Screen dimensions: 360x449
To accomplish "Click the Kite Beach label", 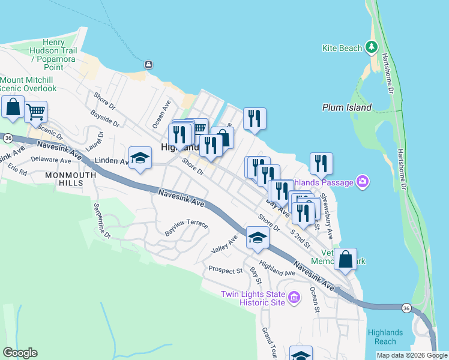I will [343, 48].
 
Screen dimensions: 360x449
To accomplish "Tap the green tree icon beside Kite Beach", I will [372, 47].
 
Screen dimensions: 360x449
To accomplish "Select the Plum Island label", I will [346, 108].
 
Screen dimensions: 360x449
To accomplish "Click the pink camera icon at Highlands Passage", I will [362, 181].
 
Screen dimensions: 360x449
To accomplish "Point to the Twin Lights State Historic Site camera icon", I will [294, 298].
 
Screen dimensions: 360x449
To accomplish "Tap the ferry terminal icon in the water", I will [148, 65].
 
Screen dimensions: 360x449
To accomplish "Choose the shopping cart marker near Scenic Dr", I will [35, 110].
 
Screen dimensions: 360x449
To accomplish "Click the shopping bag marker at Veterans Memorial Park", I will [345, 259].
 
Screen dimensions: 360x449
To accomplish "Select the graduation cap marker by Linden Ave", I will [140, 158].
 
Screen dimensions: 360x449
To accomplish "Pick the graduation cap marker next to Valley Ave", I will [257, 237].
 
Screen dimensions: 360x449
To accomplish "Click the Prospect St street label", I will [225, 270].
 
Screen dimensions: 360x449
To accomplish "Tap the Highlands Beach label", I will [385, 337].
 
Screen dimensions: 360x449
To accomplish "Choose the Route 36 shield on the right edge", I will [406, 308].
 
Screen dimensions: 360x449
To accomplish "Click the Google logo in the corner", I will [20, 353].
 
